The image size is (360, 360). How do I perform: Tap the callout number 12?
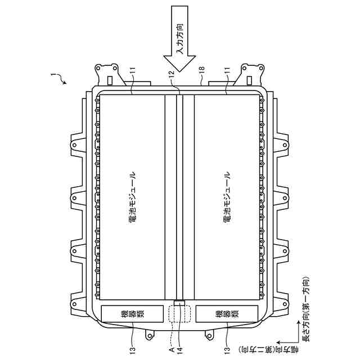pos(172,74)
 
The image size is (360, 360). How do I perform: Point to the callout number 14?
pos(179,350)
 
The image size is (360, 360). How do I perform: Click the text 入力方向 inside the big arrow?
pos(180,39)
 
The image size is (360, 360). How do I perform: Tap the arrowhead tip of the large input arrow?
pos(179,72)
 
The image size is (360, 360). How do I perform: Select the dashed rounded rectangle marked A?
pos(179,314)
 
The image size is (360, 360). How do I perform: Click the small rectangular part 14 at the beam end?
pos(179,303)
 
